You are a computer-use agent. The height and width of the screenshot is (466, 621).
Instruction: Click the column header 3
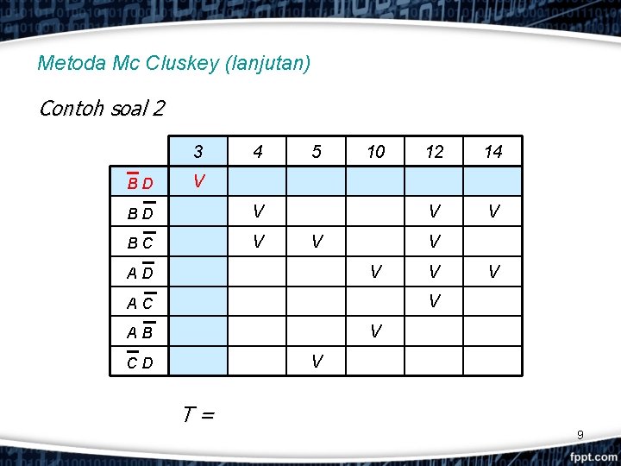coord(198,152)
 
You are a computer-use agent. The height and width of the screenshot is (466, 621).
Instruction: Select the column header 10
coord(375,152)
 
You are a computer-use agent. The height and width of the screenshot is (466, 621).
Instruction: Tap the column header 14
coord(493,152)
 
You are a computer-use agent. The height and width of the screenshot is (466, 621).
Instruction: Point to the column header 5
coord(317,152)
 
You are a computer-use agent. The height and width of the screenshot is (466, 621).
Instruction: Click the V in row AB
coord(375,331)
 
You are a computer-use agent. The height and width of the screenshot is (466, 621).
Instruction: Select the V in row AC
coord(435,301)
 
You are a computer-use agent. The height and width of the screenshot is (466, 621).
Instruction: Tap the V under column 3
coord(198,181)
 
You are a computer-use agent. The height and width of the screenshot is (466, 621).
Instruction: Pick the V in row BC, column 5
coord(317,242)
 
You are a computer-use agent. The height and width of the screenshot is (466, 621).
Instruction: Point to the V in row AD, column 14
coord(493,272)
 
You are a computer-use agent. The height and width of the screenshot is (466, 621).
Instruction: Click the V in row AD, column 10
coord(375,272)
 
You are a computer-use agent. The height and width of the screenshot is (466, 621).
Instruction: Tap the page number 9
coord(580,435)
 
